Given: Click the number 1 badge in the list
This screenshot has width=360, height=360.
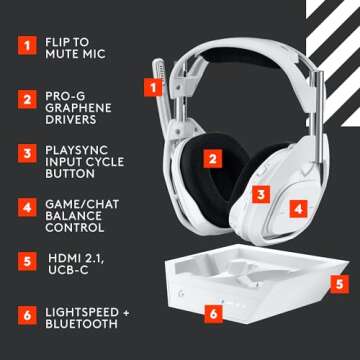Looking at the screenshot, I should tap(24, 45).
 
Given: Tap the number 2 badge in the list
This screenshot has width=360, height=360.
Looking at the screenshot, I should tap(24, 100).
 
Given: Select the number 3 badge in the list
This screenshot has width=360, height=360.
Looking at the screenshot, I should tap(24, 154).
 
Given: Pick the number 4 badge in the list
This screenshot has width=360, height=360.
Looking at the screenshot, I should tap(24, 209).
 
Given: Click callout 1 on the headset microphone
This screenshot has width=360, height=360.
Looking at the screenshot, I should tap(154, 87).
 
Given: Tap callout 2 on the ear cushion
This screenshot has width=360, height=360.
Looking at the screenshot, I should tap(212, 156).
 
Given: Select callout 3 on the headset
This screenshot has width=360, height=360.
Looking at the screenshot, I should tap(259, 195).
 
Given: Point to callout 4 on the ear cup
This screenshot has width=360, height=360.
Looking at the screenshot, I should tap(297, 209).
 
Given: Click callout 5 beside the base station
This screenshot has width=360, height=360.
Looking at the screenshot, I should tap(339, 284).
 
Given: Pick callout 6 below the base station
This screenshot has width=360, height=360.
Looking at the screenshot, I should tap(212, 313).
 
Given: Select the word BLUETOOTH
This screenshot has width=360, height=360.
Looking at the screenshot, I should tap(83, 325).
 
